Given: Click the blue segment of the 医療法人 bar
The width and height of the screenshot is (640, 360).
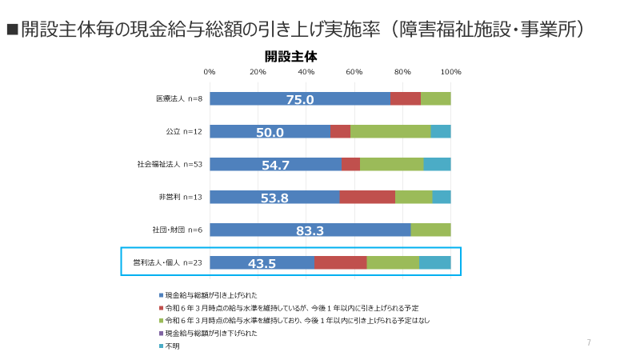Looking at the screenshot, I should [300, 98].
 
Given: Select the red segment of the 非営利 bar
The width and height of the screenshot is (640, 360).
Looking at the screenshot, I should [367, 197].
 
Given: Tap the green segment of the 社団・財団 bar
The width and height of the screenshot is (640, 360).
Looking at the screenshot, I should [430, 230].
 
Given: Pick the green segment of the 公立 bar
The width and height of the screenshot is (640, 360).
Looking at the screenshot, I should [390, 131].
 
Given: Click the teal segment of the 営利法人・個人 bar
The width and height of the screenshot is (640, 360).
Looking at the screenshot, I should [434, 262].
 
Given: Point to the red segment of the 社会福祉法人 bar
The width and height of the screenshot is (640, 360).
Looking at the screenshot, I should [350, 164].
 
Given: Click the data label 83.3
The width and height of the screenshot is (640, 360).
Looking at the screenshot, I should [310, 230].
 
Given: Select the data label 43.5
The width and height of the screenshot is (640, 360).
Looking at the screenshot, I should [262, 263].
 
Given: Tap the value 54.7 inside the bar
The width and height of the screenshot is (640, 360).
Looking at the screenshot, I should [275, 165].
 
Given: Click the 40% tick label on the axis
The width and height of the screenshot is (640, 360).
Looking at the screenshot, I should [306, 72].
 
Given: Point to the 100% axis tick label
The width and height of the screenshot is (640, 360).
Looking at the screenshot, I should [451, 72].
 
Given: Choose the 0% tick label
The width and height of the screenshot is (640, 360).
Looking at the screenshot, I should [210, 72].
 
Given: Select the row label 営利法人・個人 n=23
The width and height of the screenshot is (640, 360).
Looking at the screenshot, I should [166, 262].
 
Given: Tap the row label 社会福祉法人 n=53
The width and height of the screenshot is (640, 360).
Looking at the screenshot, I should [170, 164].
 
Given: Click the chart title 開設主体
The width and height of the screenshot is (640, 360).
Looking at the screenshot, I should [291, 57].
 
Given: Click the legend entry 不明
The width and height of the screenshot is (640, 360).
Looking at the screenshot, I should [172, 346].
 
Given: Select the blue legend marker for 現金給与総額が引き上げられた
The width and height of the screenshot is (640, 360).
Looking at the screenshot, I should [161, 295].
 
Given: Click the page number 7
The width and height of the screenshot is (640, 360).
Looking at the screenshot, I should [589, 343].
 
